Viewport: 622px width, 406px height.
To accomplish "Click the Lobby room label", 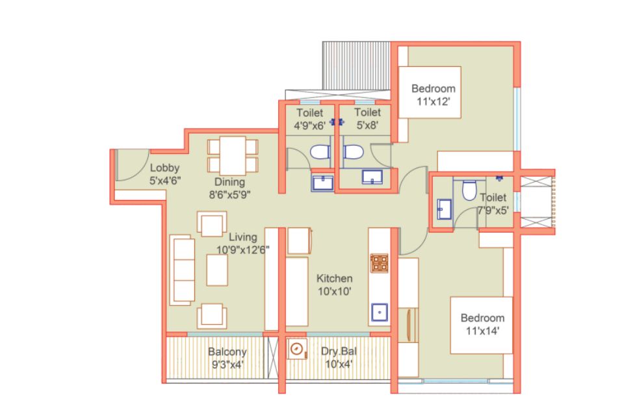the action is tap(164, 168).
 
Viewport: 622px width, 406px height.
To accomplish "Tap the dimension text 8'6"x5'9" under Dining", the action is tap(229, 195).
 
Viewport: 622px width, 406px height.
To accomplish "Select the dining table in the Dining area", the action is tap(233, 156).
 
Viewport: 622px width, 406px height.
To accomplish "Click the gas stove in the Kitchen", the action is tap(379, 263).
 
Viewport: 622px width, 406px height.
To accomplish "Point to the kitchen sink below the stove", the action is tap(380, 312).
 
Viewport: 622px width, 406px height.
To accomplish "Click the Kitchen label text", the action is tap(335, 278).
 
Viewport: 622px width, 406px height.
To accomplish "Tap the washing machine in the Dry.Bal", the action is tap(297, 349).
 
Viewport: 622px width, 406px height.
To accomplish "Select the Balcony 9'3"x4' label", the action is tap(227, 358).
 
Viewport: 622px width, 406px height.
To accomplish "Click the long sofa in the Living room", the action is tap(183, 270).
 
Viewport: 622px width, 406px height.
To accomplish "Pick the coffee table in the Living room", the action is tap(217, 270).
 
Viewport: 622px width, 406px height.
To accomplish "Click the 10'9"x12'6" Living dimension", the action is tap(243, 250).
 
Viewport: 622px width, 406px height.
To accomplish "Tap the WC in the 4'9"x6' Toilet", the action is tap(320, 152).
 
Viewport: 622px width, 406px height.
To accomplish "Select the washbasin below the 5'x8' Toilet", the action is tap(372, 177).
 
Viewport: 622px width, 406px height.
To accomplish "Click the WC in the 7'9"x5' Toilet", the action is tap(469, 190).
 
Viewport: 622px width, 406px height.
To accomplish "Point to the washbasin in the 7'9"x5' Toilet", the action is tap(445, 209).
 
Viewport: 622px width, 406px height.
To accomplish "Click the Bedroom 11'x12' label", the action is tap(433, 95).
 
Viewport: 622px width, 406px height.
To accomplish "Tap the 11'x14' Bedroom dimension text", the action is tap(482, 331).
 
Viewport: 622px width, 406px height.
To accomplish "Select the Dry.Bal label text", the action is tap(339, 351).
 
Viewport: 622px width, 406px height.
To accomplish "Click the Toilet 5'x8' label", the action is tap(367, 118).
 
